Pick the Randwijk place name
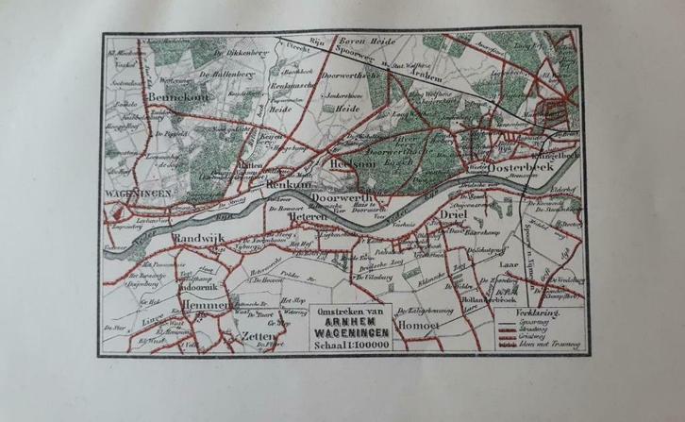197,242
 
